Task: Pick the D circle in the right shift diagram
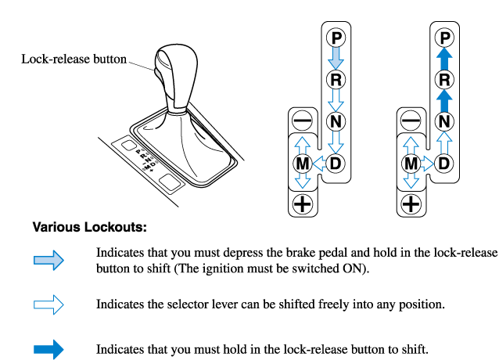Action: [x=444, y=164]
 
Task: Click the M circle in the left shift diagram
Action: [x=302, y=164]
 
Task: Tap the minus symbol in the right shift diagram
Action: [x=410, y=121]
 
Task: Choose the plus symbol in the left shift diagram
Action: [x=302, y=205]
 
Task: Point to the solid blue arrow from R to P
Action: [x=444, y=57]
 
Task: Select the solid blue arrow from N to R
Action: [x=444, y=99]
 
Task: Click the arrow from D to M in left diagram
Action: [x=319, y=164]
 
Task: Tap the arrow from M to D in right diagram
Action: [x=427, y=164]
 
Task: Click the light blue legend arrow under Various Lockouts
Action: [x=48, y=262]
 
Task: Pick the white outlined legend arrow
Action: [x=48, y=304]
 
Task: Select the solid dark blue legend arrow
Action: [x=48, y=349]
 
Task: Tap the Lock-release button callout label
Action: [x=74, y=59]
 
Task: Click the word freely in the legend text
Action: [x=313, y=304]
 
